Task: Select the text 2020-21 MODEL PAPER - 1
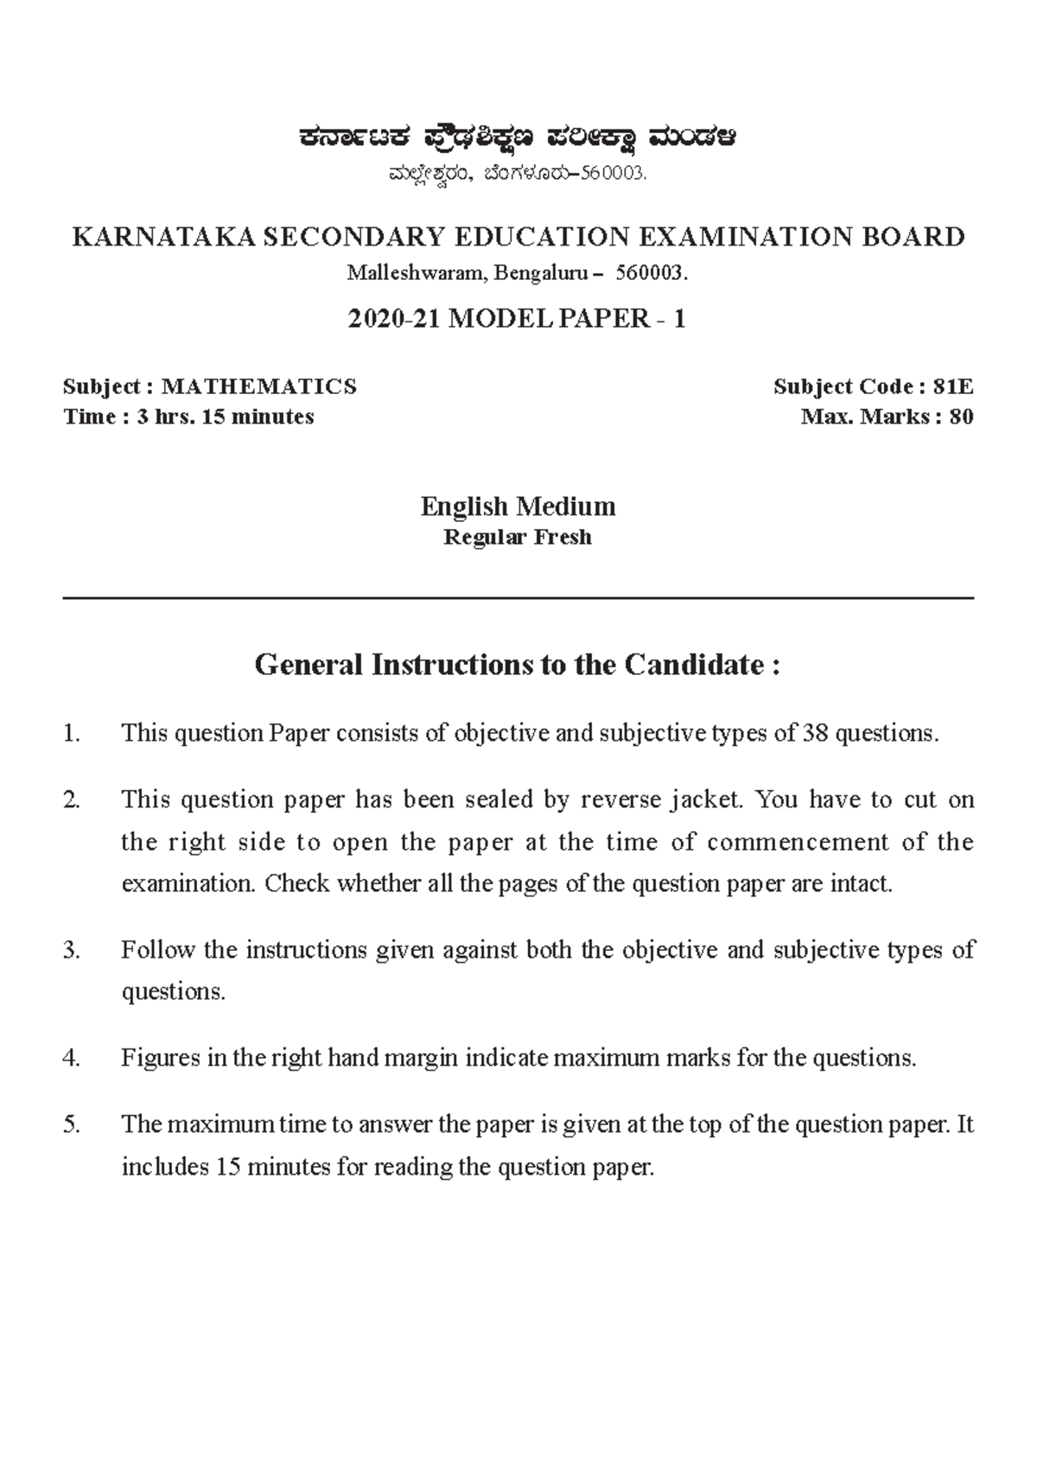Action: coord(517,319)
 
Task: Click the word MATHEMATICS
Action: coord(259,386)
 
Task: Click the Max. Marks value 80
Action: coord(961,417)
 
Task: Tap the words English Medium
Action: coord(518,506)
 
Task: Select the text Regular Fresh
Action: coord(517,538)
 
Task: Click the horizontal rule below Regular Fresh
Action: coord(518,597)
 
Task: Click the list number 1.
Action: coord(72,734)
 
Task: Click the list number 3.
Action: coord(72,951)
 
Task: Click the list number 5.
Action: coord(72,1125)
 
